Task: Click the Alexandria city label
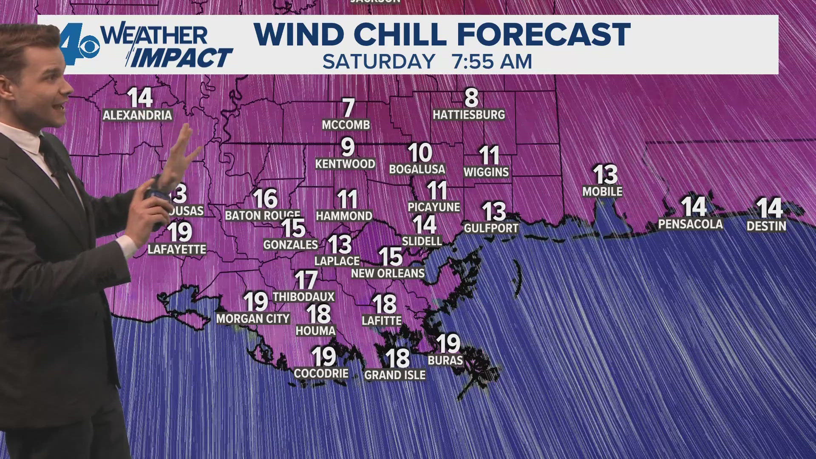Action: click(137, 115)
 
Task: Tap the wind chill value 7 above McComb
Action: click(348, 108)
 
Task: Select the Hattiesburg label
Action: click(469, 115)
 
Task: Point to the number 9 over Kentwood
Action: click(348, 147)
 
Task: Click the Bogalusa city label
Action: click(417, 169)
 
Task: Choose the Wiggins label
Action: click(486, 172)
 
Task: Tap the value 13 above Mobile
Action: click(605, 175)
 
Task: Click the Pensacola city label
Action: click(690, 224)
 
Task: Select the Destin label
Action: click(766, 226)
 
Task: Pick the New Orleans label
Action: click(388, 273)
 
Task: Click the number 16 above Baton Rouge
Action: click(265, 198)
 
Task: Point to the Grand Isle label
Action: click(395, 375)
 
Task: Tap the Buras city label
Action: click(445, 360)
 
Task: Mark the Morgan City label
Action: click(253, 319)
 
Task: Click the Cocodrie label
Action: click(321, 374)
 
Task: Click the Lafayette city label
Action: click(177, 249)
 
